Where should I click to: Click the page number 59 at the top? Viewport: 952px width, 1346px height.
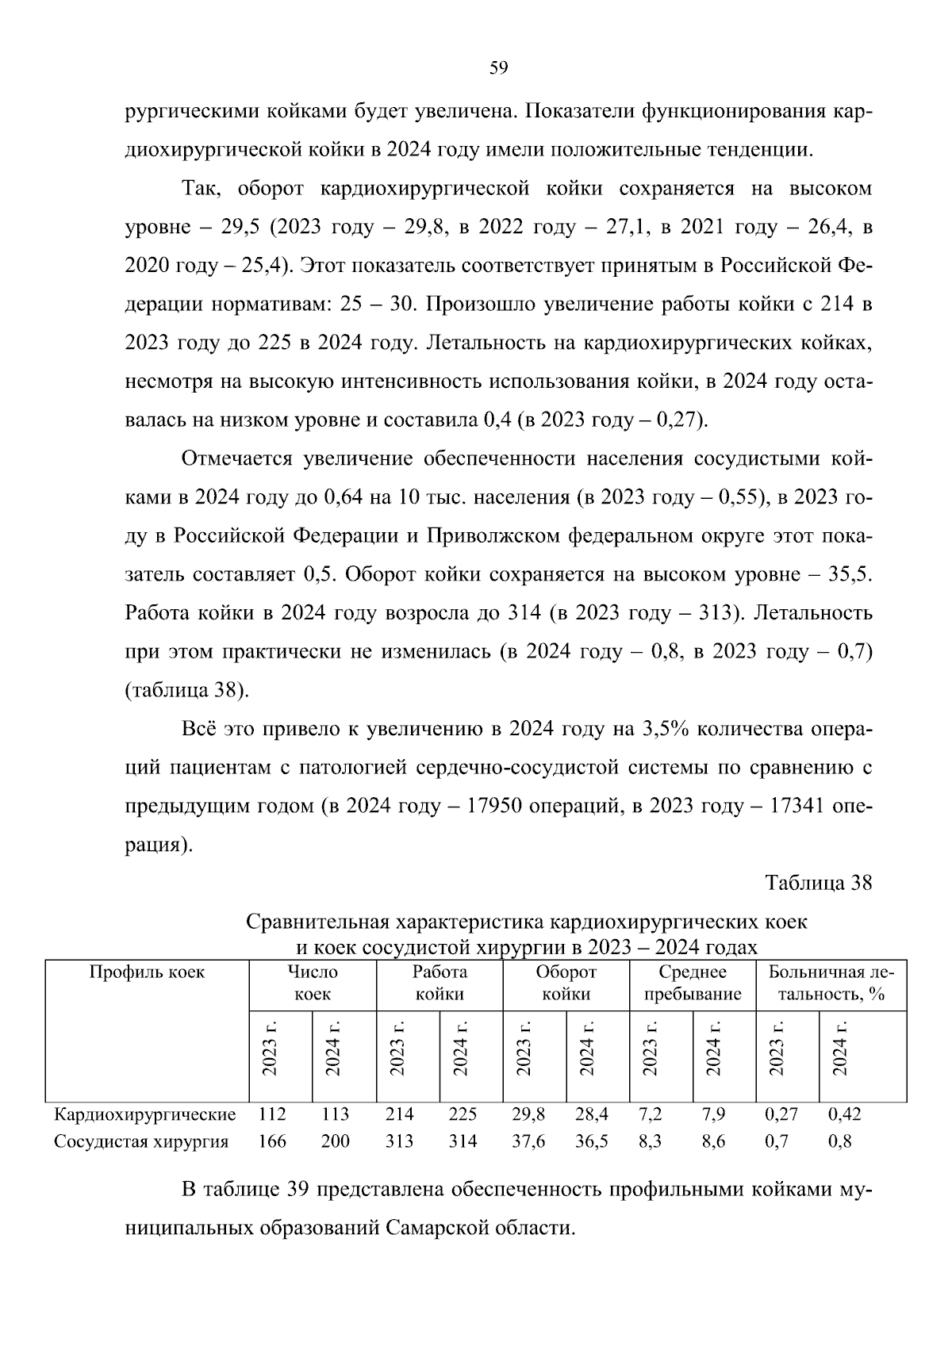tap(498, 68)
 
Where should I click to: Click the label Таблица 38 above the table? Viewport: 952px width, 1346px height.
tap(818, 883)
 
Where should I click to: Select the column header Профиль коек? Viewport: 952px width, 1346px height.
tap(147, 972)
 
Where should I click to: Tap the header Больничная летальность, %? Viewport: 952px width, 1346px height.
tap(831, 983)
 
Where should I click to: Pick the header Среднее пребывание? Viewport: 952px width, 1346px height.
tap(693, 983)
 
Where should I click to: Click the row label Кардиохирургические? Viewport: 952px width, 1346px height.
tap(144, 1114)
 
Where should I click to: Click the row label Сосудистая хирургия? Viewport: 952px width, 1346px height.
tap(140, 1141)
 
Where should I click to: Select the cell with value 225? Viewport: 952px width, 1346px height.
tap(463, 1114)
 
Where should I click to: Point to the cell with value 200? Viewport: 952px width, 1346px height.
tap(335, 1141)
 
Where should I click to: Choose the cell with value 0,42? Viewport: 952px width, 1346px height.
tap(844, 1114)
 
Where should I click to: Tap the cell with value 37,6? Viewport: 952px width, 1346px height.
tap(528, 1141)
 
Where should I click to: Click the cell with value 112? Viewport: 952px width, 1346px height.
tap(272, 1114)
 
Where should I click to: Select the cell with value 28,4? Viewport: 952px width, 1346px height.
tap(591, 1114)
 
